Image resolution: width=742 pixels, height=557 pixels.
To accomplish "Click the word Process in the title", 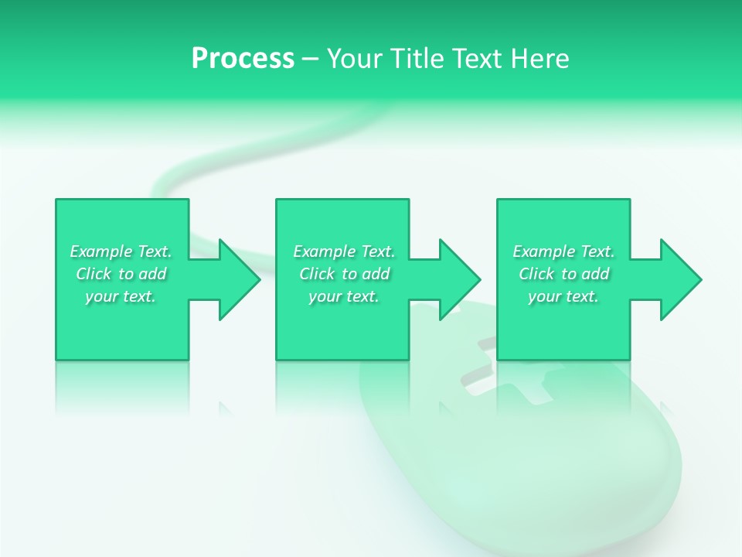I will pyautogui.click(x=243, y=59).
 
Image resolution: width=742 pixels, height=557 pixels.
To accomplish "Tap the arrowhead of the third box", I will pyautogui.click(x=679, y=279).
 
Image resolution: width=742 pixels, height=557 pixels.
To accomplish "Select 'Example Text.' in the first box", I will pyautogui.click(x=121, y=251).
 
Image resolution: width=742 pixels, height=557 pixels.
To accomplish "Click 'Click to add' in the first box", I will pyautogui.click(x=121, y=274).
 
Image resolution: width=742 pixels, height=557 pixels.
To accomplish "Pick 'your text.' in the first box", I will pyautogui.click(x=121, y=296).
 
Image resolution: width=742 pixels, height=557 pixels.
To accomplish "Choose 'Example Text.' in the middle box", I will pyautogui.click(x=344, y=251).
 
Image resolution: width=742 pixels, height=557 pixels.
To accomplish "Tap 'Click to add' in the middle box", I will pyautogui.click(x=344, y=274).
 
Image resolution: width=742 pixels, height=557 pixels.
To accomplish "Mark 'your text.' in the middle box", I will pyautogui.click(x=344, y=296).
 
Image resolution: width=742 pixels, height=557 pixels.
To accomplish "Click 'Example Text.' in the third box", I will pyautogui.click(x=563, y=251).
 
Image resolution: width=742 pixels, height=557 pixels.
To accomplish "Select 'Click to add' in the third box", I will pyautogui.click(x=563, y=274).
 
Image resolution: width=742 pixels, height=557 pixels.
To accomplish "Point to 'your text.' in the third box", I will pyautogui.click(x=563, y=296).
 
